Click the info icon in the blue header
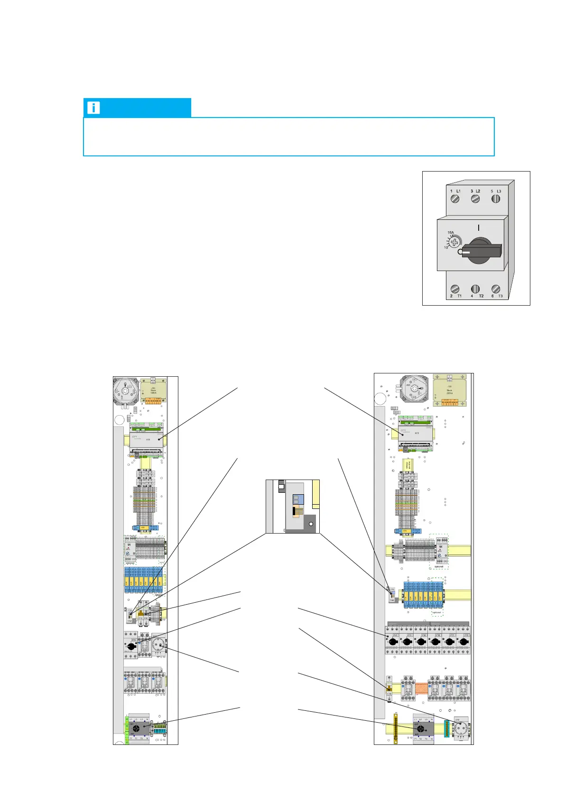pyautogui.click(x=93, y=108)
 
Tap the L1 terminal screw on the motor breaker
pyautogui.click(x=455, y=199)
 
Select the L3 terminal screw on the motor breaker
pyautogui.click(x=496, y=199)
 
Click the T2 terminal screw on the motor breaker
pyautogui.click(x=475, y=289)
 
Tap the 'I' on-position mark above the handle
pyautogui.click(x=478, y=228)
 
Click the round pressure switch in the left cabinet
pyautogui.click(x=126, y=391)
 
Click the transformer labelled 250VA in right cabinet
pyautogui.click(x=449, y=390)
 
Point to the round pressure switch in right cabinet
pyautogui.click(x=414, y=389)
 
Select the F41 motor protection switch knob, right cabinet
pyautogui.click(x=393, y=642)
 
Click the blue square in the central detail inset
pyautogui.click(x=297, y=499)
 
